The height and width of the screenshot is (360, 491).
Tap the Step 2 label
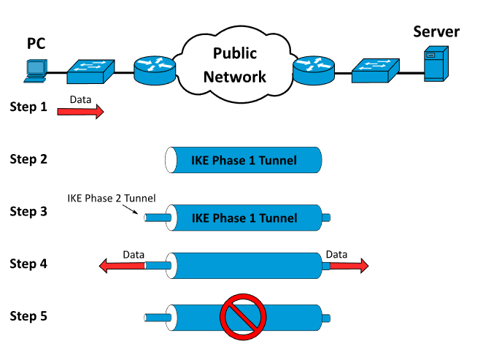coord(28,158)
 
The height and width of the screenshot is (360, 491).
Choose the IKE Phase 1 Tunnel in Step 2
coord(244,160)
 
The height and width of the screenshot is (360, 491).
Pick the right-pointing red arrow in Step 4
coord(349,266)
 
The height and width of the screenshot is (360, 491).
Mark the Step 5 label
coord(28,315)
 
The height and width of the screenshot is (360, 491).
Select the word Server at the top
coord(436,32)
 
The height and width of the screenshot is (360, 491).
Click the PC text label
coord(36,44)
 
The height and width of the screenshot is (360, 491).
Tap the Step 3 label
coord(28,211)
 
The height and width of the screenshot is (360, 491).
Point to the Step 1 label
coord(28,107)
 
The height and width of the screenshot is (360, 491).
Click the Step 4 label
coord(28,263)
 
